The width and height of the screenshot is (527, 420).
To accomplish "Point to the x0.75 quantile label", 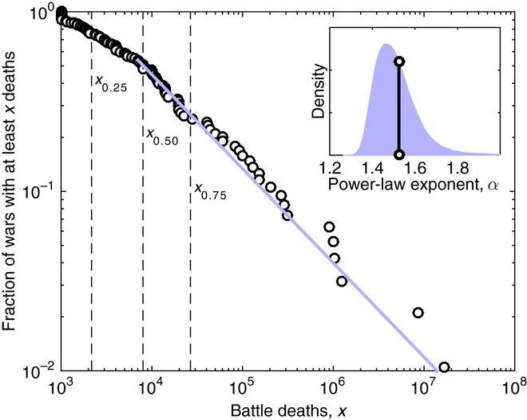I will click(x=210, y=190).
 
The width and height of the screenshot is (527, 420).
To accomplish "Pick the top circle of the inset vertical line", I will click(x=398, y=62).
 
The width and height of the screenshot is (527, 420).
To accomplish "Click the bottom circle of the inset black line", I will click(x=398, y=154).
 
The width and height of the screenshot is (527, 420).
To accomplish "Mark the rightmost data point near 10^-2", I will click(x=444, y=367).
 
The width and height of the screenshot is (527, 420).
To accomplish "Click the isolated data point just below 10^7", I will click(x=417, y=313).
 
